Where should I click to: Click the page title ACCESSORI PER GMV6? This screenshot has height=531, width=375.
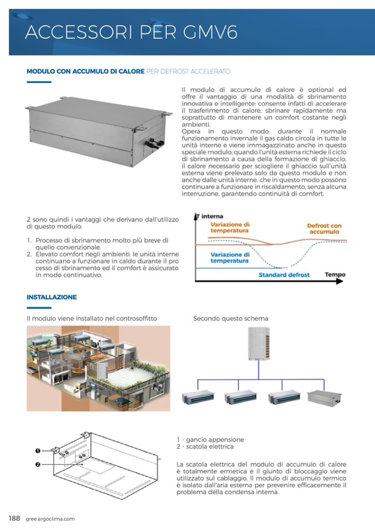pyautogui.click(x=131, y=33)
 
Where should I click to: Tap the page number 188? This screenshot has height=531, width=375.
pyautogui.click(x=14, y=518)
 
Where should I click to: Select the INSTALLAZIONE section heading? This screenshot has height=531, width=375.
pyautogui.click(x=51, y=297)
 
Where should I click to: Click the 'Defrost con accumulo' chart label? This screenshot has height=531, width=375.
pyautogui.click(x=324, y=229)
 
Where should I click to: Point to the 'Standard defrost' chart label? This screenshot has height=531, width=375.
pyautogui.click(x=284, y=275)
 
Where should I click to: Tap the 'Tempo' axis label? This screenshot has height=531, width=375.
pyautogui.click(x=335, y=274)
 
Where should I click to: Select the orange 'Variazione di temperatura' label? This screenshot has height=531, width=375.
pyautogui.click(x=230, y=228)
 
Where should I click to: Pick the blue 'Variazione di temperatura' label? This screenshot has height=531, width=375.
pyautogui.click(x=230, y=257)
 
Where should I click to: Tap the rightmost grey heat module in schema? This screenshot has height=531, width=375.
pyautogui.click(x=324, y=396)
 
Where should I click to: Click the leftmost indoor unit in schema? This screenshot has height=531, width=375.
pyautogui.click(x=197, y=396)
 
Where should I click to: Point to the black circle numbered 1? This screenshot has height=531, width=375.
pyautogui.click(x=38, y=451)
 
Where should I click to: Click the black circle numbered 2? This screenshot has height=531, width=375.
pyautogui.click(x=38, y=464)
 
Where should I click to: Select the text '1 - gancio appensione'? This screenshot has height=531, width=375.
pyautogui.click(x=210, y=440)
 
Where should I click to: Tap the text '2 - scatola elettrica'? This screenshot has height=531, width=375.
pyautogui.click(x=205, y=446)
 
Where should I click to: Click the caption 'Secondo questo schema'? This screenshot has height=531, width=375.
pyautogui.click(x=231, y=318)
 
